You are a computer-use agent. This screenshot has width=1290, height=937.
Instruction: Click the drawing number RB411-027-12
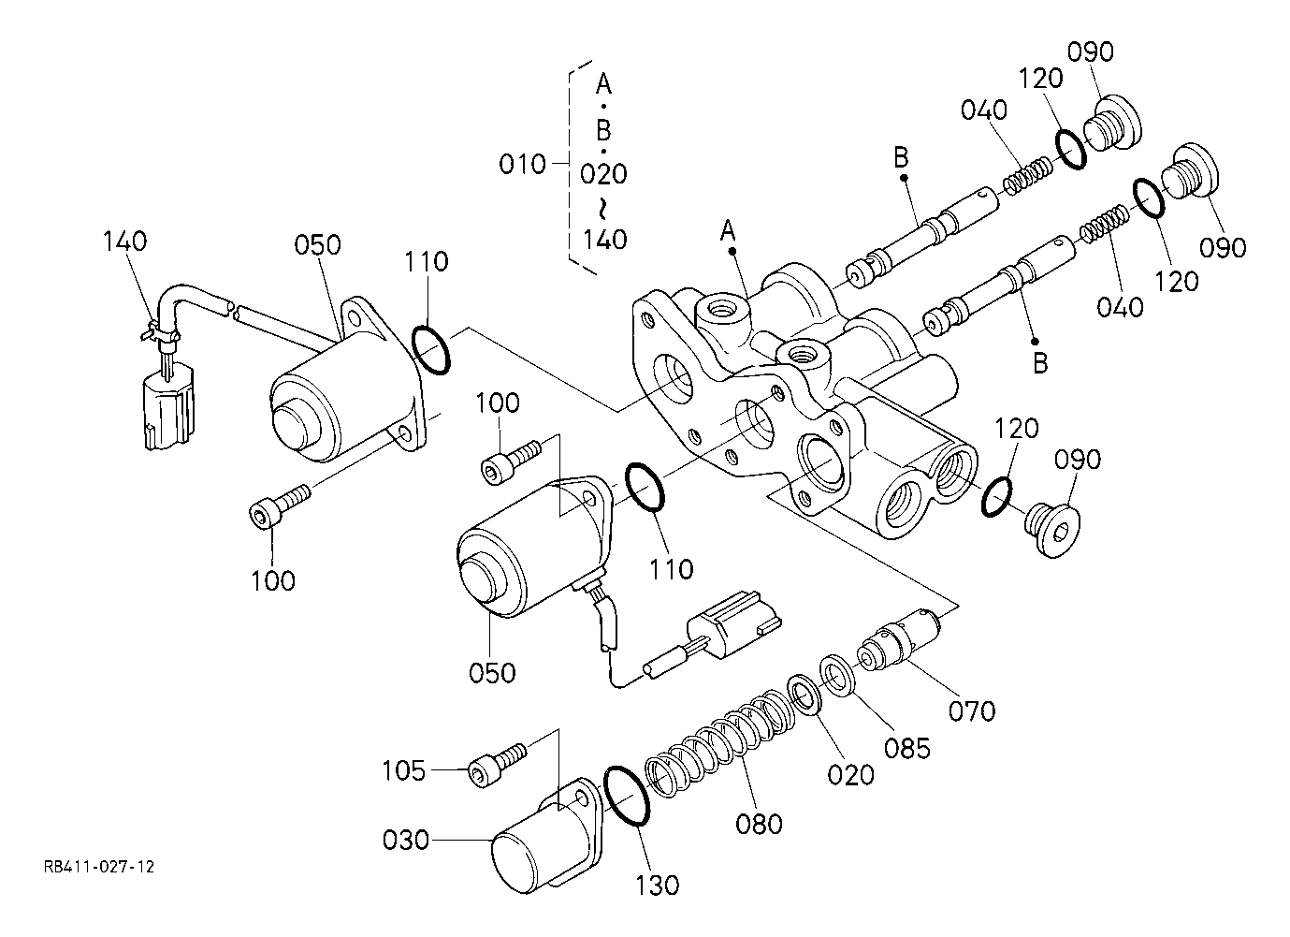tap(99, 867)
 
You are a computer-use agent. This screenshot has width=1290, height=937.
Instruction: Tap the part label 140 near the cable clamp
tap(125, 241)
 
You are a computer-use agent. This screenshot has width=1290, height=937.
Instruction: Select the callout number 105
tap(404, 770)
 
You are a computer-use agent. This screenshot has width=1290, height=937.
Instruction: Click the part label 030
tap(406, 841)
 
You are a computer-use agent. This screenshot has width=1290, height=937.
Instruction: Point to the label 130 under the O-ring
tap(657, 886)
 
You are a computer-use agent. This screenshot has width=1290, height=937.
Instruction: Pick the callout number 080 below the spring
tap(759, 824)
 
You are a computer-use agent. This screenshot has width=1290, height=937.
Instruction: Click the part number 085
tap(907, 749)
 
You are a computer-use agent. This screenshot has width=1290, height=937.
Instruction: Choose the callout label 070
tap(972, 711)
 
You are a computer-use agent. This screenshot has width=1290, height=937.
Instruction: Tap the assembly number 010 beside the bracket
tap(522, 164)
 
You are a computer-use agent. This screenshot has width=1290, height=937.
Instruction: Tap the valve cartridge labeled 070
tap(899, 640)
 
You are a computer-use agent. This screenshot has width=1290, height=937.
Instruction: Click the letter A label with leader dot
tap(728, 231)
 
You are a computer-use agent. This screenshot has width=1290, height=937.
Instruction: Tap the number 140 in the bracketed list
tap(604, 239)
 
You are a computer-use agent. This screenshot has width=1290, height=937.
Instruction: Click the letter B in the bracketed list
tap(603, 130)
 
